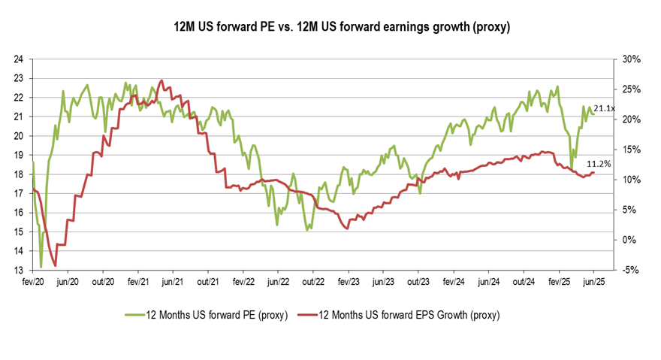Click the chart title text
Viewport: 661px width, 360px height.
(331, 27)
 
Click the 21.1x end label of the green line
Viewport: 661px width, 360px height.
(604, 109)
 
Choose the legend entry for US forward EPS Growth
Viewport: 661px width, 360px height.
(399, 314)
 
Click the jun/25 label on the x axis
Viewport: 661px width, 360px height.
(593, 282)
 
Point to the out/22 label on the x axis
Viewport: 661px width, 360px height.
(312, 282)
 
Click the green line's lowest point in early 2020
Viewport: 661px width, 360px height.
(41, 267)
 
